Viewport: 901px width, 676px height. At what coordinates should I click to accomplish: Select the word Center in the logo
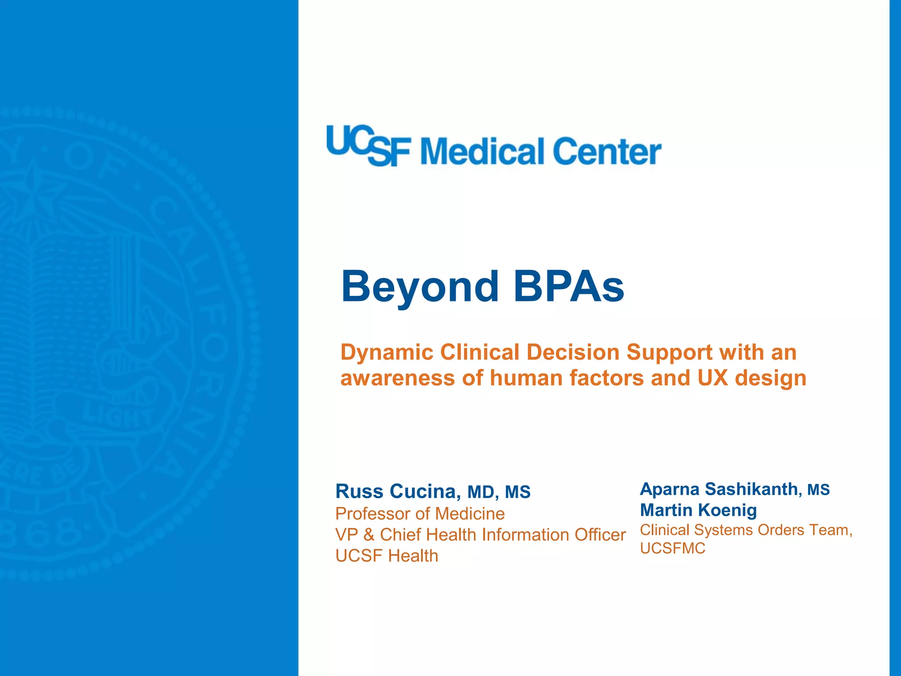pyautogui.click(x=607, y=151)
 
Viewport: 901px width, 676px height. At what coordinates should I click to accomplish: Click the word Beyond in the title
pyautogui.click(x=420, y=287)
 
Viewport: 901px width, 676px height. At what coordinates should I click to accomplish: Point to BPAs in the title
pyautogui.click(x=569, y=287)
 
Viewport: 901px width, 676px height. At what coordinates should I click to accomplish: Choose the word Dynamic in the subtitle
pyautogui.click(x=387, y=353)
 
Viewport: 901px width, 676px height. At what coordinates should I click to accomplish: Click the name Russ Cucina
pyautogui.click(x=398, y=492)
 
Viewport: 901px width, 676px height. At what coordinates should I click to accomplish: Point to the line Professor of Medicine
pyautogui.click(x=420, y=514)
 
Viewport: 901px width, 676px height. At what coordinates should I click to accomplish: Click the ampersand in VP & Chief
pyautogui.click(x=369, y=535)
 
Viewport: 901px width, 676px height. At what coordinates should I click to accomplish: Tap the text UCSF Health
pyautogui.click(x=387, y=556)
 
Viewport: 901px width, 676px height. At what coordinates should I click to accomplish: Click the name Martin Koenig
pyautogui.click(x=698, y=510)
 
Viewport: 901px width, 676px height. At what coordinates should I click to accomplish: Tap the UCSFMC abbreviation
pyautogui.click(x=673, y=548)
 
